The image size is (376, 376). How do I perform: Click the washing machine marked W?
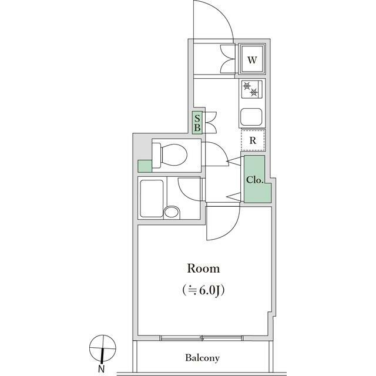[x=252, y=59]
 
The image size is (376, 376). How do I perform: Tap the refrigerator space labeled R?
[x=253, y=140]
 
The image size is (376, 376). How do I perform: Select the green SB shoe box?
[x=197, y=123]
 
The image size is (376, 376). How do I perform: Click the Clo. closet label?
[x=255, y=180]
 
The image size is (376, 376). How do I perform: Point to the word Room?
[x=203, y=268]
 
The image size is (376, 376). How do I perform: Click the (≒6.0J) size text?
[x=203, y=290]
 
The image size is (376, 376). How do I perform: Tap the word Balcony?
[x=202, y=358]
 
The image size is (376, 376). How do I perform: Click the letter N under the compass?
[x=102, y=368]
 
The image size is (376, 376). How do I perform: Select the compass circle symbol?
[x=103, y=348]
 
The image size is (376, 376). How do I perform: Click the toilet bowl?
[x=170, y=155]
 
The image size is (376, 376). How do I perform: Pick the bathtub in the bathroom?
[x=152, y=199]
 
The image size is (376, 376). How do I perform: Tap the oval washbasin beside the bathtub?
[x=172, y=212]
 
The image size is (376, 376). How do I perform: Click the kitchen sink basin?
[x=251, y=117]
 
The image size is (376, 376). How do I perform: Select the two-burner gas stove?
[x=252, y=89]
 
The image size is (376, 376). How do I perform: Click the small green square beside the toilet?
[x=145, y=166]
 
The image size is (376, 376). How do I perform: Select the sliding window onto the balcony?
[x=202, y=338]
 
